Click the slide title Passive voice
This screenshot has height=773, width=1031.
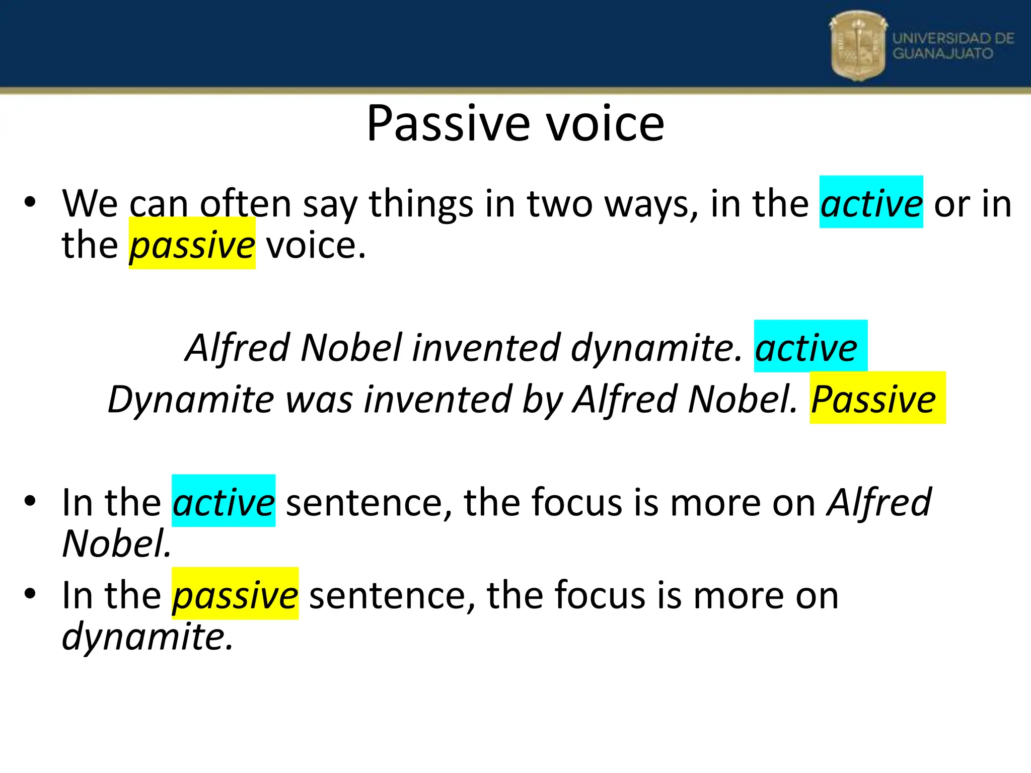click(515, 124)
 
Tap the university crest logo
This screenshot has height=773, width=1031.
click(858, 46)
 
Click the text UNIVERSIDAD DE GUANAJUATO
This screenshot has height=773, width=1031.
click(952, 46)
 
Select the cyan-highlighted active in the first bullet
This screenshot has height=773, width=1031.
click(871, 203)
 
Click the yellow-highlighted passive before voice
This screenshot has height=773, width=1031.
click(192, 245)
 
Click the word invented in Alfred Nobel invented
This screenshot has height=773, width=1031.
click(486, 348)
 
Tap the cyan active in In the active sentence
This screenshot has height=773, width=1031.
click(224, 502)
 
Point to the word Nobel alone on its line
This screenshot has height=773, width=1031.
click(116, 544)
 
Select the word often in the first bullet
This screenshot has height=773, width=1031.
click(246, 203)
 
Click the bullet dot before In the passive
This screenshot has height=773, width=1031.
click(30, 593)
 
